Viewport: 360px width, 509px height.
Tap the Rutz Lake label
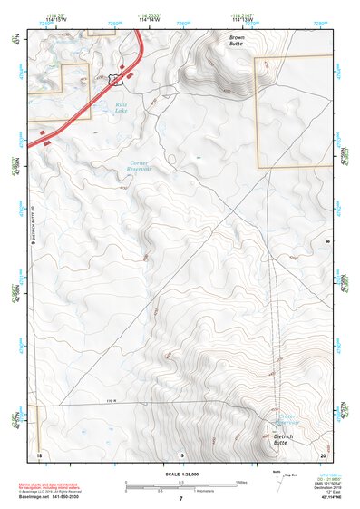click(x=122, y=108)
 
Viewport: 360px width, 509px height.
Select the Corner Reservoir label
click(x=133, y=166)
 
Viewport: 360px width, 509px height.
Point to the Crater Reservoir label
click(x=287, y=420)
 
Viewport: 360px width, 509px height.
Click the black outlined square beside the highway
click(x=115, y=79)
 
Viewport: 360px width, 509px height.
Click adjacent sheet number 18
click(x=39, y=454)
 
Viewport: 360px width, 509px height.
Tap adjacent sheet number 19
click(x=180, y=454)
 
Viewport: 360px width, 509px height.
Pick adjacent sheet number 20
click(x=322, y=454)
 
